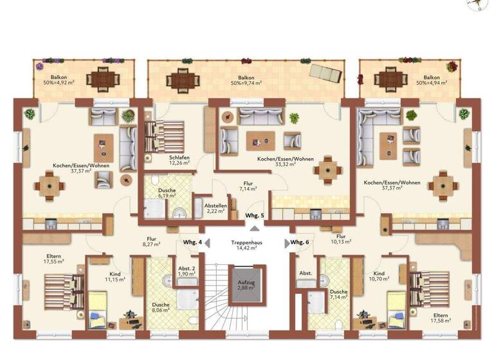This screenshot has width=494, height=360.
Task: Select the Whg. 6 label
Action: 300,242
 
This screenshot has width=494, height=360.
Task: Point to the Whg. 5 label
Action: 255,215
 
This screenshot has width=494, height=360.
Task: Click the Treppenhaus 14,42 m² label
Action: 247,245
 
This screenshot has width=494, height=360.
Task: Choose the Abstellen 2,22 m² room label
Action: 215,210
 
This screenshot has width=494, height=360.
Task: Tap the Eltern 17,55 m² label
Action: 54,259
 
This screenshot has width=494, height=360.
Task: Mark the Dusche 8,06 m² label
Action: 161,307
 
